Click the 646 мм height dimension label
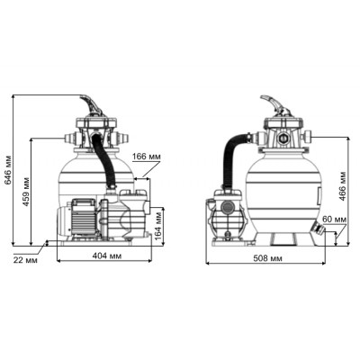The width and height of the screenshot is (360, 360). (8, 170)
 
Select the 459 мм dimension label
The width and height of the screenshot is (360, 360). (26, 192)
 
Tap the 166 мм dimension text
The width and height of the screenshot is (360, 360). (147, 157)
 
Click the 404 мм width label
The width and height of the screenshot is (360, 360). (107, 256)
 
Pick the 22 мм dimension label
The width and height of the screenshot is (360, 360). (25, 260)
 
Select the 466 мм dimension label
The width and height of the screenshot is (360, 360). (343, 186)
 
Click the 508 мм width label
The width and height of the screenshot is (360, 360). (267, 258)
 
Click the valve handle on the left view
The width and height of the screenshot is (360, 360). (91, 104)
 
